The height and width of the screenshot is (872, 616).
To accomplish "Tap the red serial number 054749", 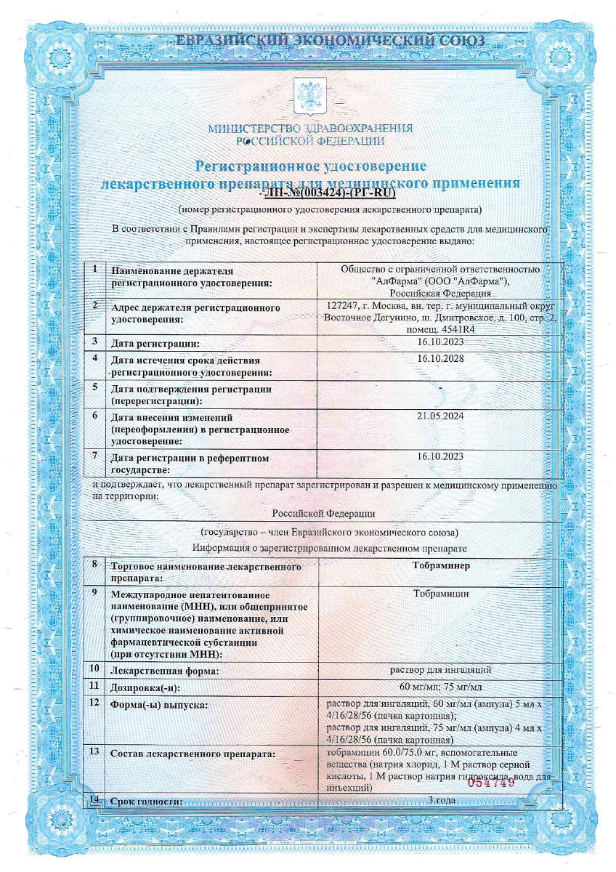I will point(490,782).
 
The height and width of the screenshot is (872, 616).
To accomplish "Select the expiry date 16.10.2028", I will point(441,358).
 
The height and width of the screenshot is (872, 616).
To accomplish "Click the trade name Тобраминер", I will point(441,564).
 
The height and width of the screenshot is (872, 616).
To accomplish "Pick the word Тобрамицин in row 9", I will point(441,593).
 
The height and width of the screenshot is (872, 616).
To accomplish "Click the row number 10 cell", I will point(94,667).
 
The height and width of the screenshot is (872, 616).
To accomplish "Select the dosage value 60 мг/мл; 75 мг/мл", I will point(441,686).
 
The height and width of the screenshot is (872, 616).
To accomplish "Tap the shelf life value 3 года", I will point(441,801).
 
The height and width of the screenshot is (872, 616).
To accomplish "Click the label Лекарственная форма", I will point(163,672).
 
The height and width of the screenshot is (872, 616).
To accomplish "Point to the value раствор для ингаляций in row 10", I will point(441,669).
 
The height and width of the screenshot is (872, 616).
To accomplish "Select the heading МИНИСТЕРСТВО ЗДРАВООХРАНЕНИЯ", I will point(310,129).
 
